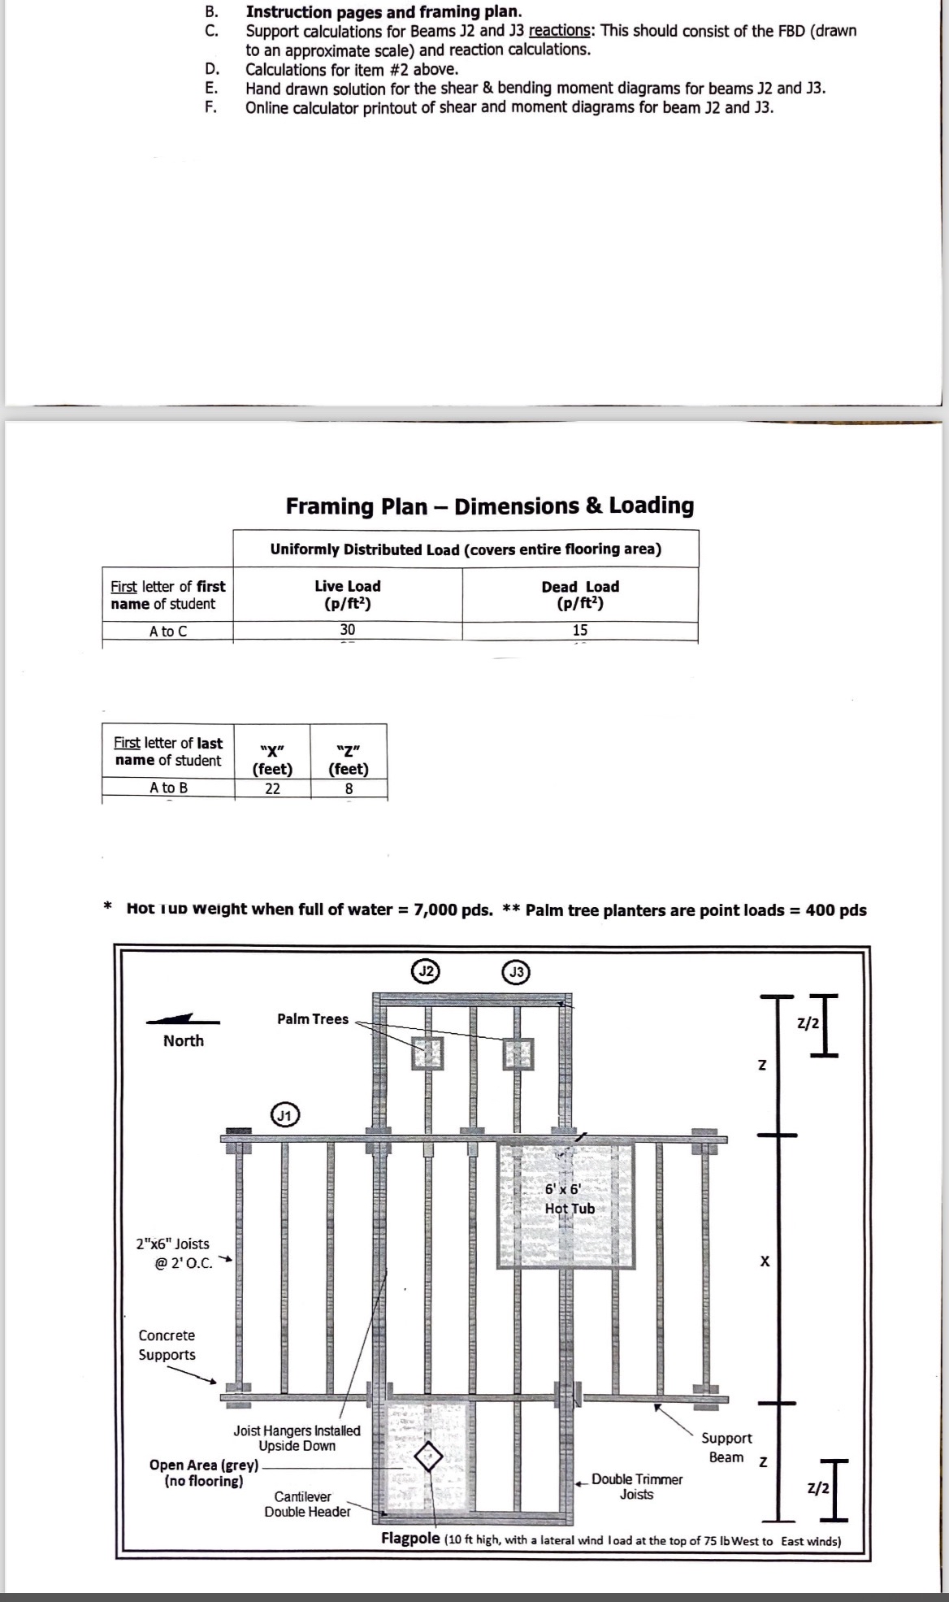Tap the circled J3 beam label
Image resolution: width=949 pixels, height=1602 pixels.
(517, 971)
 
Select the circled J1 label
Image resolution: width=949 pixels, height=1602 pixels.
(284, 1115)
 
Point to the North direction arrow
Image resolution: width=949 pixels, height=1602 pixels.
(182, 1019)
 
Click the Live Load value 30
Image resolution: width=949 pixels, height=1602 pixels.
(348, 630)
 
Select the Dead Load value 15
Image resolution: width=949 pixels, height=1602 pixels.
(579, 630)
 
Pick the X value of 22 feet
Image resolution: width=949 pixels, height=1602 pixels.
(272, 788)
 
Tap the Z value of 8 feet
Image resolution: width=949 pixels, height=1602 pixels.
(349, 788)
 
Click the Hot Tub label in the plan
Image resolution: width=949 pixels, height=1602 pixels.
(570, 1209)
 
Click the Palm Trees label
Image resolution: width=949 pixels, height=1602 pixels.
(313, 1019)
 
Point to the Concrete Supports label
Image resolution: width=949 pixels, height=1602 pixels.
(167, 1345)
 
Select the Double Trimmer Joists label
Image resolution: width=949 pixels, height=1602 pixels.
(637, 1487)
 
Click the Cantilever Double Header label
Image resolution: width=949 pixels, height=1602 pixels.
(306, 1504)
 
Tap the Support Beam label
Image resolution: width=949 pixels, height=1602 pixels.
(726, 1448)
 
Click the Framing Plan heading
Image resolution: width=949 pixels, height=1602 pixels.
(490, 506)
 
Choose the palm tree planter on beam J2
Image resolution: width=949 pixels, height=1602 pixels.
(427, 1053)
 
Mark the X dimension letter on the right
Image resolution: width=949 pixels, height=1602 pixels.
(765, 1261)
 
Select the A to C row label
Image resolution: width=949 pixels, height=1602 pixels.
(168, 631)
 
